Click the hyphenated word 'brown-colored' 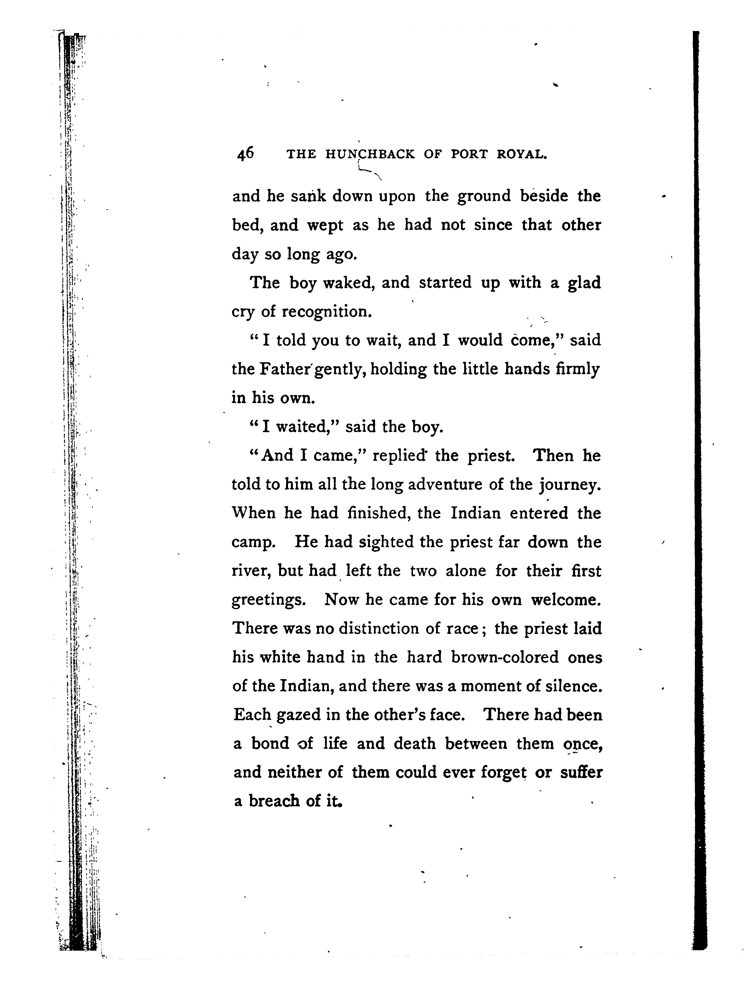click(505, 658)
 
